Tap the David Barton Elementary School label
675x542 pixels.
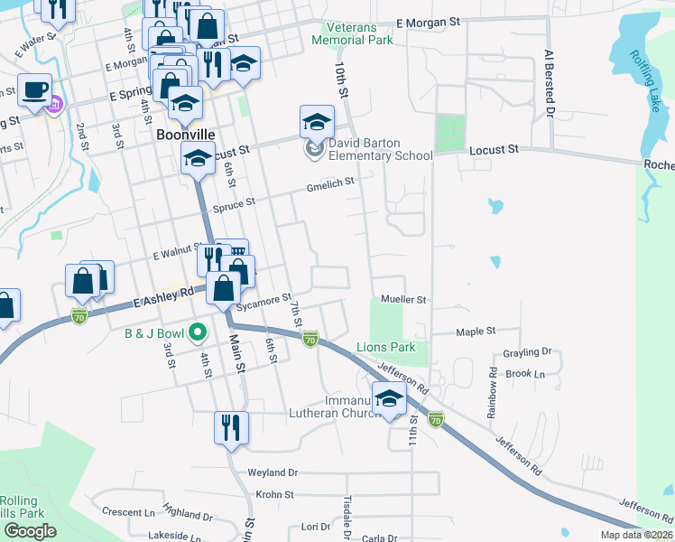pyautogui.click(x=379, y=148)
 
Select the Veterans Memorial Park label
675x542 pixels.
pyautogui.click(x=356, y=33)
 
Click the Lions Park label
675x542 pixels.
pyautogui.click(x=385, y=347)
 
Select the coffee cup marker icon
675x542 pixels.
pyautogui.click(x=35, y=90)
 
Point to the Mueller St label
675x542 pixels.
pyautogui.click(x=402, y=299)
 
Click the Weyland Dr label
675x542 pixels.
pyautogui.click(x=273, y=472)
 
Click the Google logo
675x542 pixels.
pyautogui.click(x=30, y=531)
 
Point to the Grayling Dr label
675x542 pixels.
pyautogui.click(x=528, y=352)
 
